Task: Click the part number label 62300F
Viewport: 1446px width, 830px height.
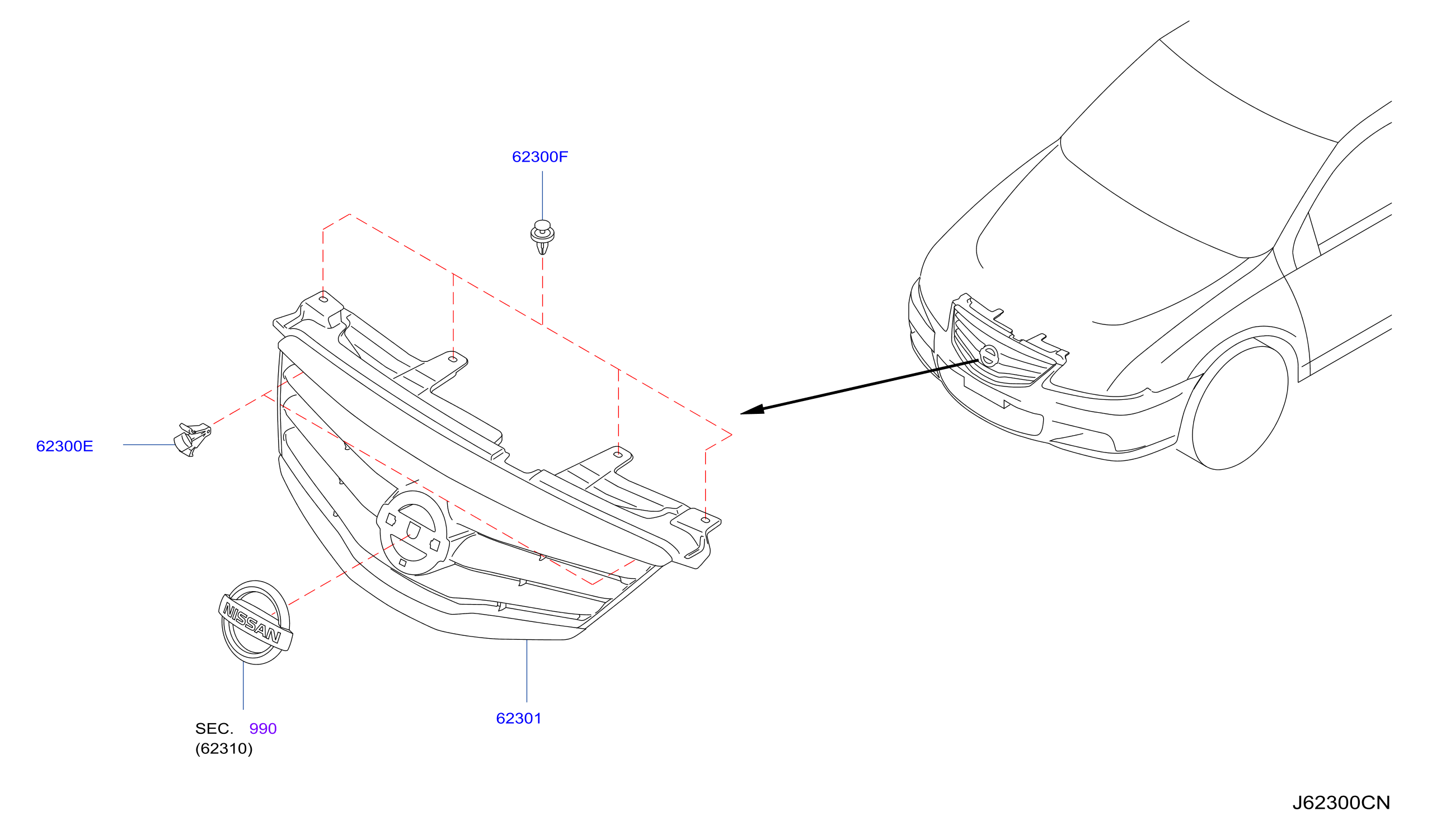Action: coord(539,157)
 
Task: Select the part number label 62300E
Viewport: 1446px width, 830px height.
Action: coord(64,446)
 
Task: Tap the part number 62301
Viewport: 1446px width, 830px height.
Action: coord(518,718)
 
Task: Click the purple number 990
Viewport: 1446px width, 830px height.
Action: coord(263,729)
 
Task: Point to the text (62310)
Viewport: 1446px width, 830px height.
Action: coord(223,748)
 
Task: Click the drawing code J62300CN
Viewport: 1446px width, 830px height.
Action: coord(1341,803)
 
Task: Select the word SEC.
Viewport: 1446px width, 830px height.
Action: coord(214,729)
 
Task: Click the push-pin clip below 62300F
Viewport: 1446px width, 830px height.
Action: coord(542,237)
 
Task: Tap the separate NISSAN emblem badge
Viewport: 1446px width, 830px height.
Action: coord(255,622)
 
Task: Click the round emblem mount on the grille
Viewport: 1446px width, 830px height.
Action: coord(412,533)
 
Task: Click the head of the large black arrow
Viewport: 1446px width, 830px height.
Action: coord(752,409)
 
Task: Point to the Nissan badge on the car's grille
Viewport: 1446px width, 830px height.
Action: coord(989,356)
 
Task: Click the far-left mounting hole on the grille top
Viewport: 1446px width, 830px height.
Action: coord(323,299)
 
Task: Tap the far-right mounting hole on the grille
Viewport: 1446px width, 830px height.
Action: coord(705,520)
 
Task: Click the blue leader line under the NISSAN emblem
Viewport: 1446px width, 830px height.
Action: coord(243,686)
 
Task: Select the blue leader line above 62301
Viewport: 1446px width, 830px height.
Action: coord(527,671)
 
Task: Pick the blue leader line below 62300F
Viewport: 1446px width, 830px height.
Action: coord(542,196)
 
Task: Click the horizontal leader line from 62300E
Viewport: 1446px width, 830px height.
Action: coord(149,445)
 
